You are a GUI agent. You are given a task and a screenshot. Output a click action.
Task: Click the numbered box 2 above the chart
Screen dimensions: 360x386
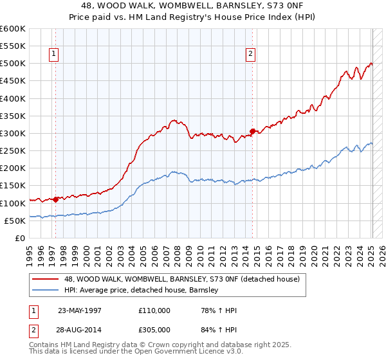tap(250, 55)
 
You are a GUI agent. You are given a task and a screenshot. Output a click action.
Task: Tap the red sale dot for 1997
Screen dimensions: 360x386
tap(56, 199)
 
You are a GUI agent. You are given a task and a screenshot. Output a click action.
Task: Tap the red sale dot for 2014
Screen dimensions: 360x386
tap(253, 131)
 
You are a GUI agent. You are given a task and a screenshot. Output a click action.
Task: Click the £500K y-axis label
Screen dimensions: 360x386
tap(13, 64)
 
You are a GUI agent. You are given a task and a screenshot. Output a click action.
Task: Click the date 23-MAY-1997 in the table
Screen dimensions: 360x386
tap(80, 310)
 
